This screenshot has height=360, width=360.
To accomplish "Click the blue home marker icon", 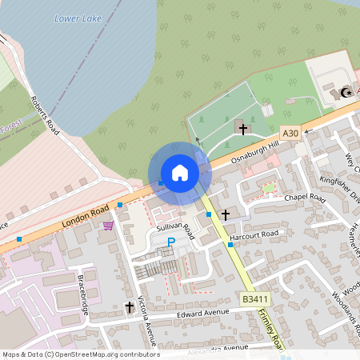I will [180, 173].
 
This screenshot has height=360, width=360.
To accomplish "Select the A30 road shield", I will [290, 134].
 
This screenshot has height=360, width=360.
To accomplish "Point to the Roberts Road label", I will [45, 116].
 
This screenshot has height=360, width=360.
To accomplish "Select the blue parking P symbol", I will [170, 242].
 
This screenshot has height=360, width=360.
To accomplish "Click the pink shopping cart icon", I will [107, 226].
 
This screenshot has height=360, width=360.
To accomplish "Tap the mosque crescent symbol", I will [346, 93].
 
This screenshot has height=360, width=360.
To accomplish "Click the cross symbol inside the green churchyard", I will [242, 128].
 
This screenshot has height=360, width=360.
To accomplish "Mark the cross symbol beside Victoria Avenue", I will [130, 306].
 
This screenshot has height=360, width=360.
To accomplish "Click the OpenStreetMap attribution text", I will [81, 354].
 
